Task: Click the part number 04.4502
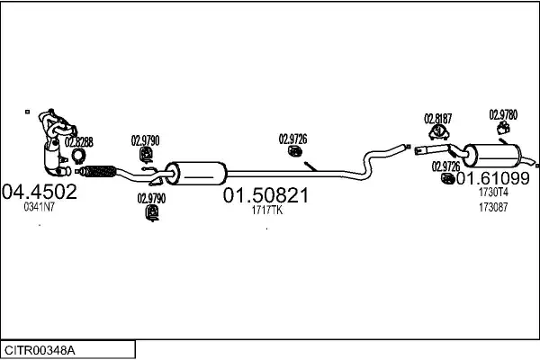point(40,192)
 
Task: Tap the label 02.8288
point(79,141)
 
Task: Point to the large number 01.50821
point(265,196)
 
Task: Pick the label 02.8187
point(438,118)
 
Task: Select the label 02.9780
point(503,114)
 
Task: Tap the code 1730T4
point(493,192)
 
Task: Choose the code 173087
point(492,207)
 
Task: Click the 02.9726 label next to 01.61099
point(445,166)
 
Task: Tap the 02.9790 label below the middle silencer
point(151,198)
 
